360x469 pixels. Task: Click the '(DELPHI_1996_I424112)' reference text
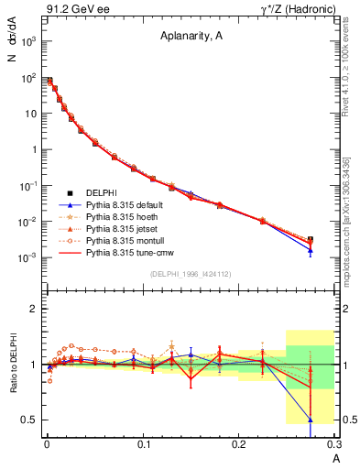190,273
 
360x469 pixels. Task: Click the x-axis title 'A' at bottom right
336,457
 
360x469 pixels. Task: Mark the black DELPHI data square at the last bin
311,240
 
